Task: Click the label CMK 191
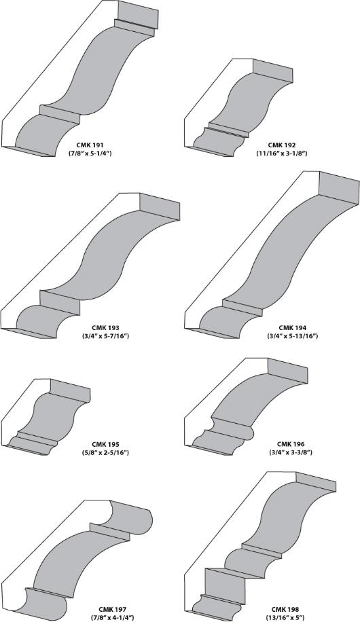(90, 145)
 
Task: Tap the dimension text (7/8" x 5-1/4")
(90, 153)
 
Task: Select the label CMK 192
(281, 145)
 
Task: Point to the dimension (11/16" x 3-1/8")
(281, 153)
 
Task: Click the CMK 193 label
(105, 328)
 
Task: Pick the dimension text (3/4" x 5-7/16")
(105, 336)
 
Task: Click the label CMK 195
(105, 444)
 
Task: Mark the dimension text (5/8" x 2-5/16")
(105, 452)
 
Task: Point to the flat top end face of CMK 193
(160, 207)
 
